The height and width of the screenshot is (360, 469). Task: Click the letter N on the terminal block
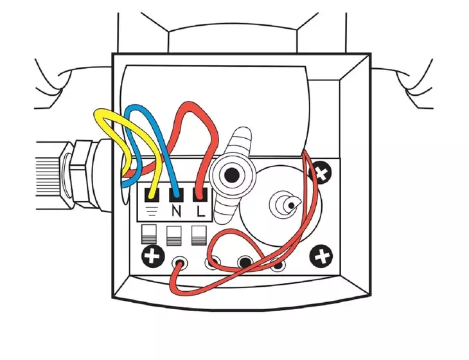pyautogui.click(x=177, y=212)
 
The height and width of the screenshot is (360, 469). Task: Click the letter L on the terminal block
pyautogui.click(x=201, y=212)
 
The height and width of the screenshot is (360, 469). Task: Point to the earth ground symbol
pyautogui.click(x=152, y=212)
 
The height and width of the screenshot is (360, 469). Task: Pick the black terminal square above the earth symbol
pyautogui.click(x=152, y=195)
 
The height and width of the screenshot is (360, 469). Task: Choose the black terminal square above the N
pyautogui.click(x=177, y=195)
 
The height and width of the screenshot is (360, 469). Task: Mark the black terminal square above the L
pyautogui.click(x=200, y=195)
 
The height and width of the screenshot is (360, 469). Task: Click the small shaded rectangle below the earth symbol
pyautogui.click(x=148, y=235)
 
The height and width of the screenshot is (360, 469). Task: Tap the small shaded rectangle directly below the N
pyautogui.click(x=173, y=235)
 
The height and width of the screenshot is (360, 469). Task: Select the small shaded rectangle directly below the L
pyautogui.click(x=199, y=235)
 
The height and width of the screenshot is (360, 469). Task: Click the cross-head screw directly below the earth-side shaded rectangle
pyautogui.click(x=153, y=256)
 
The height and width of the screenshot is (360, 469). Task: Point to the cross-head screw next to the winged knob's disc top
pyautogui.click(x=321, y=173)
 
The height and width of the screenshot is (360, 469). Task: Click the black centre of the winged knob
pyautogui.click(x=231, y=175)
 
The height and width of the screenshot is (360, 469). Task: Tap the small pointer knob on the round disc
pyautogui.click(x=285, y=204)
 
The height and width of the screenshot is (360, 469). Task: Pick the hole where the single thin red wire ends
pyautogui.click(x=179, y=263)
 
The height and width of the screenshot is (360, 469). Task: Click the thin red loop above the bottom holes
pyautogui.click(x=233, y=232)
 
